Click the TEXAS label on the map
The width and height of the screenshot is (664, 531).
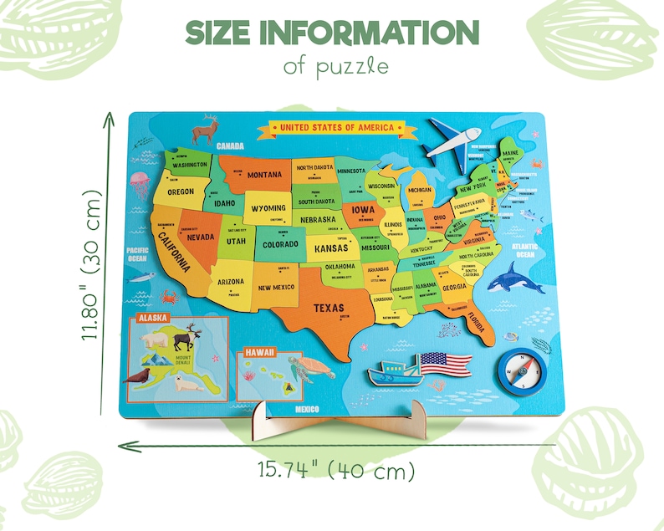pos(328,308)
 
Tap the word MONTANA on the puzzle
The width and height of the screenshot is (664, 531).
pos(264,175)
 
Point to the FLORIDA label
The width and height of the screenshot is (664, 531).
pos(476,320)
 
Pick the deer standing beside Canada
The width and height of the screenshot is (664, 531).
pos(205,130)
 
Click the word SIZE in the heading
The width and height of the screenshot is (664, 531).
pos(219,33)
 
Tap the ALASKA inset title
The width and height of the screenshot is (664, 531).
pos(153,318)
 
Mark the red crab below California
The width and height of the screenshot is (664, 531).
pos(170,296)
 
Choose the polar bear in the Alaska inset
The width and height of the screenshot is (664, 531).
pos(157,338)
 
